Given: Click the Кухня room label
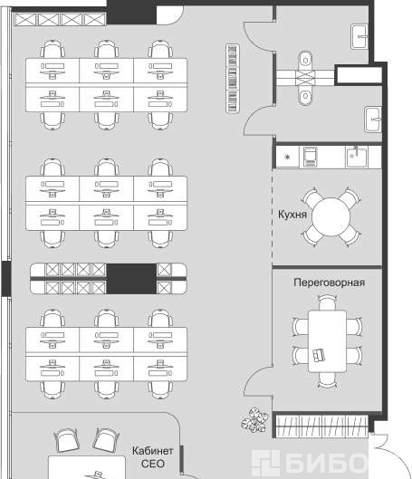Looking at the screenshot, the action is pos(292,215).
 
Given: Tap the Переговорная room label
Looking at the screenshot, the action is pos(329,283).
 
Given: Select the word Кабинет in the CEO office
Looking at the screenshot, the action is pos(152,451).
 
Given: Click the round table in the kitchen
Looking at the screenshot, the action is pos(331,216).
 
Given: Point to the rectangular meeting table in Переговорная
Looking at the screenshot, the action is pos(327,341).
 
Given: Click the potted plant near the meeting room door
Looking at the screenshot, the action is pos(254,419).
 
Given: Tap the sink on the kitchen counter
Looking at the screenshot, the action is pos(356,157).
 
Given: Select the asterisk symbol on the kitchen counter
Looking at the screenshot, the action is pos(287,157).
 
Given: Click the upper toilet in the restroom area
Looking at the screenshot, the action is pos(305,60).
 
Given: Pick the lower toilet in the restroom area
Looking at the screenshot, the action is pos(305,95).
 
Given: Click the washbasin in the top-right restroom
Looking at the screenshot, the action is pos(359,36).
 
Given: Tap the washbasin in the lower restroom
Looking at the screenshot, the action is pos(373,120).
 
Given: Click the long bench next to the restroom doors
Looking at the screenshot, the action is pos(233,79).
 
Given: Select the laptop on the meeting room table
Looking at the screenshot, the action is pos(318,355).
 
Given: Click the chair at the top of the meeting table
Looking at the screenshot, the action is pos(327,302).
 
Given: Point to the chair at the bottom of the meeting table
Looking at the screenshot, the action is pos(327,380).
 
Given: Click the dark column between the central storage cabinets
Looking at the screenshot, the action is pos(131,279).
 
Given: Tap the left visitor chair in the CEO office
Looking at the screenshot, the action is pos(66,440).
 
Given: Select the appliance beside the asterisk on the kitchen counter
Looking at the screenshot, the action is pos(310,157).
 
